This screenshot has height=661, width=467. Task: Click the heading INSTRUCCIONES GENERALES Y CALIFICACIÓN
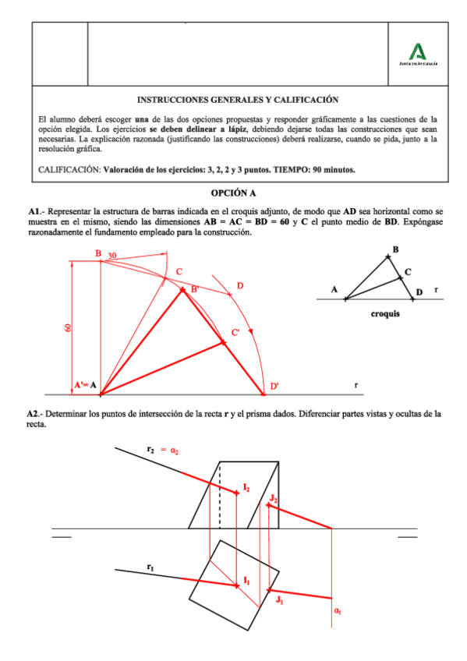click(237, 100)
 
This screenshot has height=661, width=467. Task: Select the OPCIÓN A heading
click(233, 193)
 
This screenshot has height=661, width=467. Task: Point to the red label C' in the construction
click(235, 333)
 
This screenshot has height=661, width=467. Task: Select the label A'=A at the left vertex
click(85, 385)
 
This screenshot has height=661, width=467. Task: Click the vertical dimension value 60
click(67, 328)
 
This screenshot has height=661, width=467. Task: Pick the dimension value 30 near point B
click(112, 256)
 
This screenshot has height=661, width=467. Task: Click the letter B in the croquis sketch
click(395, 249)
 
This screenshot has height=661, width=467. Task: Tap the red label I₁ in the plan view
click(246, 580)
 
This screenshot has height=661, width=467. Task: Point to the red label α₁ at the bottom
click(338, 611)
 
